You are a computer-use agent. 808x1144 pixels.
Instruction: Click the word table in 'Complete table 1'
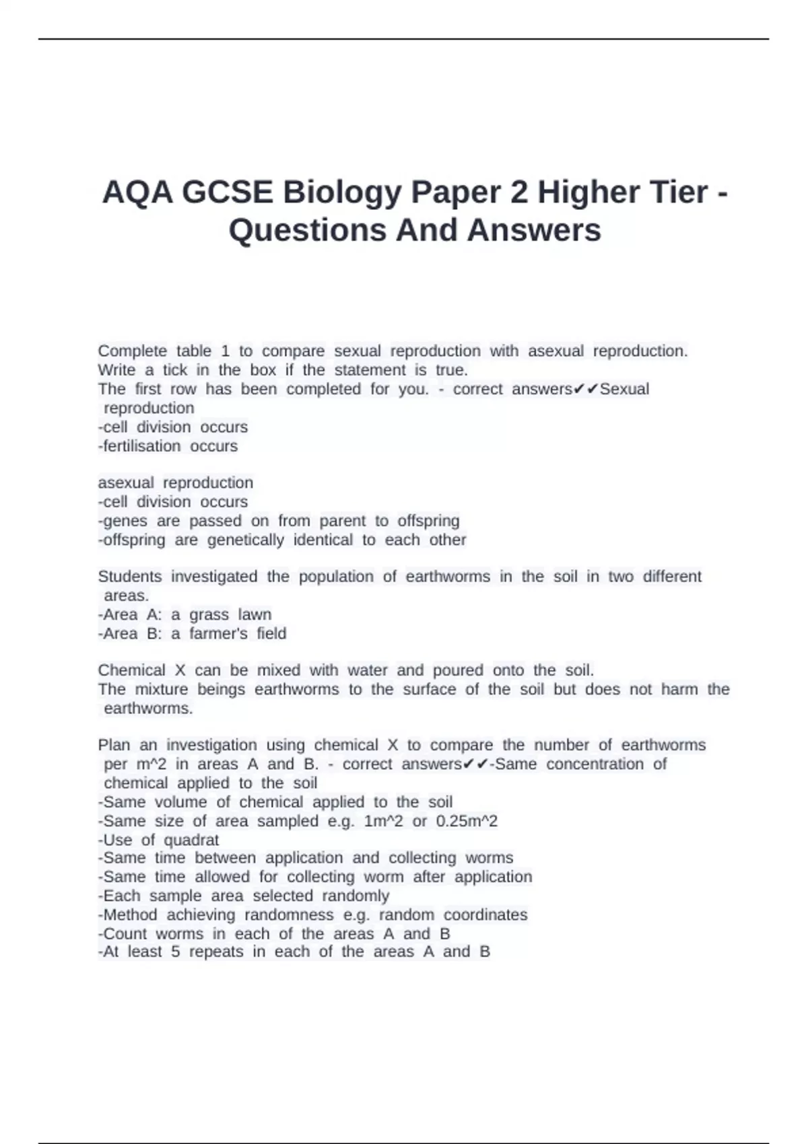click(194, 351)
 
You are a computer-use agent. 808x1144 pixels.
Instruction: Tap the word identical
click(323, 540)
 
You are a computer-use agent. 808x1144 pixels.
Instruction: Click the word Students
click(130, 577)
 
